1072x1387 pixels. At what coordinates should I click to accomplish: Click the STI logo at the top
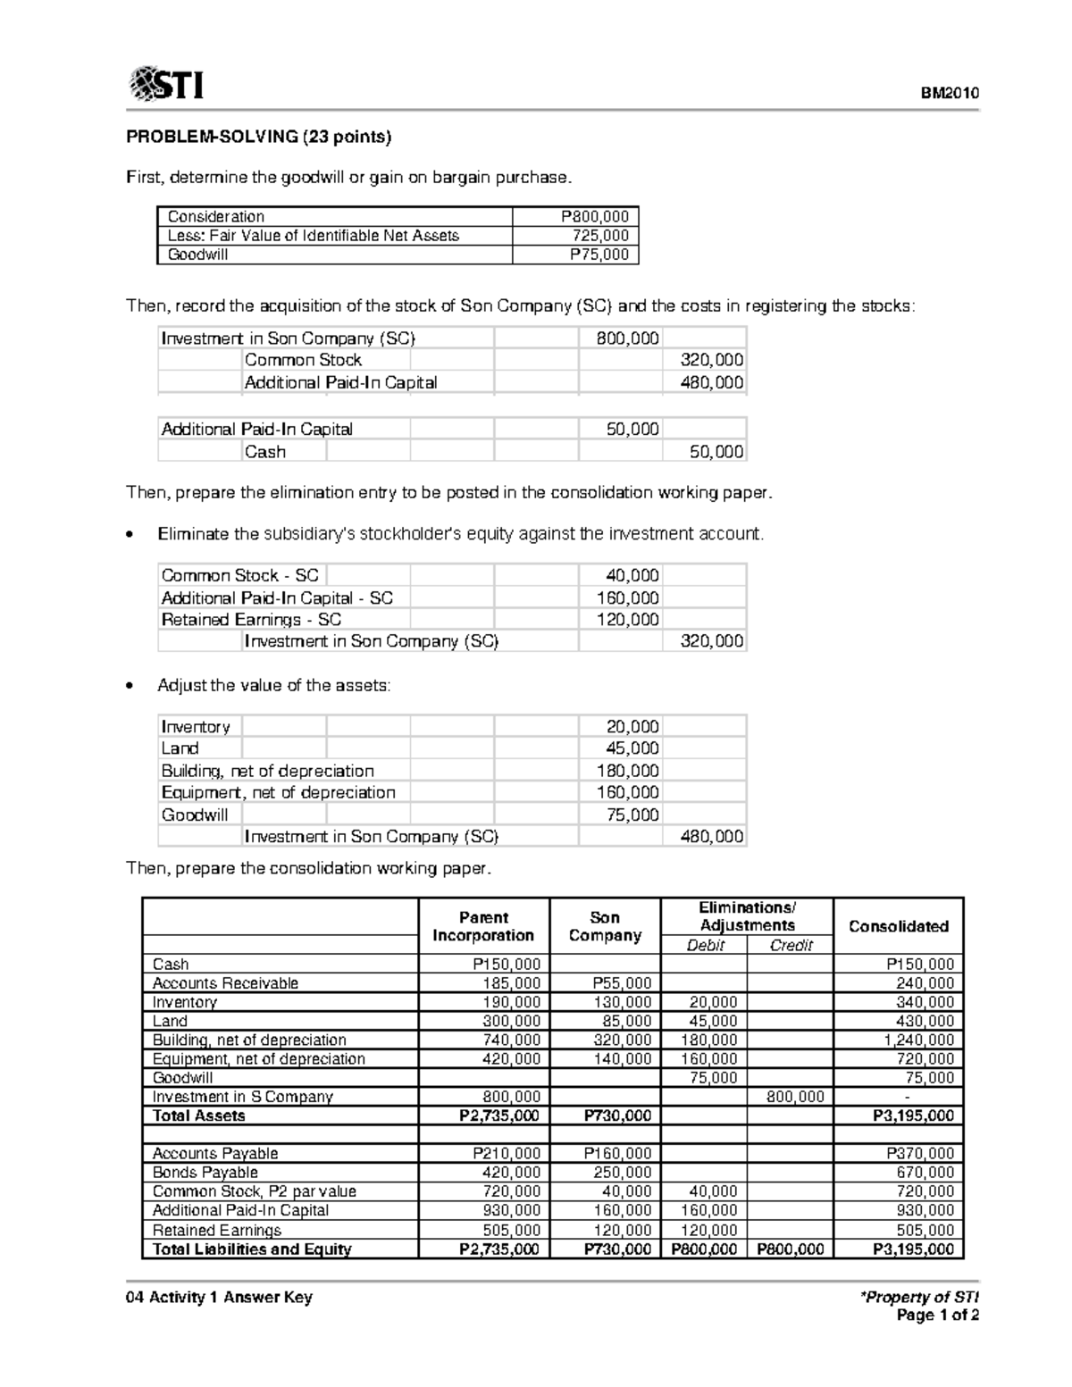click(x=166, y=85)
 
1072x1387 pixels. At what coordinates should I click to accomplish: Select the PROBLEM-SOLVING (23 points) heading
click(x=259, y=137)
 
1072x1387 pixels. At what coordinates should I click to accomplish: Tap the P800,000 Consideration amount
click(x=594, y=216)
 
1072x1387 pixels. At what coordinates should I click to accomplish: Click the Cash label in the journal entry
click(x=265, y=452)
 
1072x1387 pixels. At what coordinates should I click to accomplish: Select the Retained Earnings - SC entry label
click(x=251, y=620)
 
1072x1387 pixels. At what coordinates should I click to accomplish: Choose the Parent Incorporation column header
click(x=483, y=926)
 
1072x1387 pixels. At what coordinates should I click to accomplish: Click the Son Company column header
click(x=605, y=926)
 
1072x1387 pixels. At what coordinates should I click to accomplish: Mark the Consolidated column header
click(x=898, y=926)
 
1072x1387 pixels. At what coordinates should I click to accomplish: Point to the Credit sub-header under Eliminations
click(x=791, y=946)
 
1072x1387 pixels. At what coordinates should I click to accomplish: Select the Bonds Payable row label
click(x=205, y=1173)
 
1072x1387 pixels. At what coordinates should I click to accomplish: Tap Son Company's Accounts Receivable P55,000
click(x=622, y=983)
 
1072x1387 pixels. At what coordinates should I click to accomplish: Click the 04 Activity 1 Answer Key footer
click(x=219, y=1297)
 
